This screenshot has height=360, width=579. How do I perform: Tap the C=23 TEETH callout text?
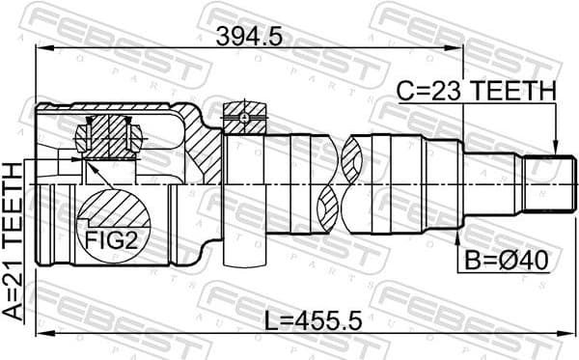click(x=478, y=91)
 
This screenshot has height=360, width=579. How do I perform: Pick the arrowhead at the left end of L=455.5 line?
click(x=41, y=334)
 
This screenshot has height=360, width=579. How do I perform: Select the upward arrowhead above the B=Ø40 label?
click(x=455, y=228)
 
